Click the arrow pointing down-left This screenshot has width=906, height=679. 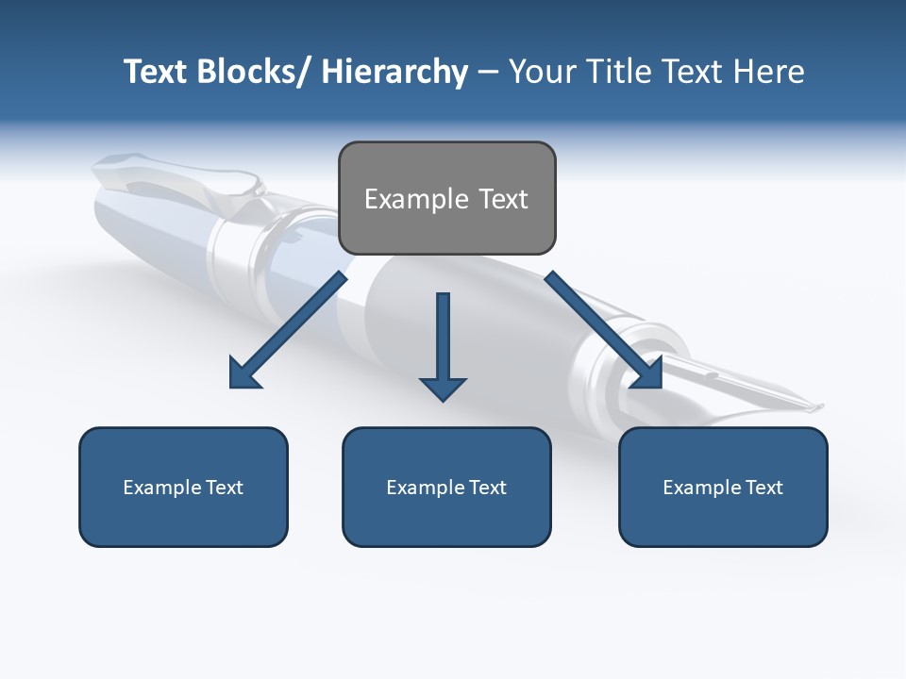[x=288, y=330]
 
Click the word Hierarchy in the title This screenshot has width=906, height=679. [x=394, y=73]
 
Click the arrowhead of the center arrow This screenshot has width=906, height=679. [x=443, y=389]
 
